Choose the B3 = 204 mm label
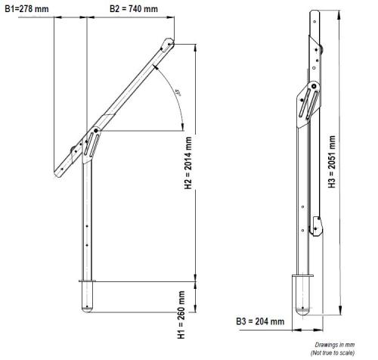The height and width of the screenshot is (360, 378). (260, 321)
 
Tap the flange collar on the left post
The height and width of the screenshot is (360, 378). (88, 281)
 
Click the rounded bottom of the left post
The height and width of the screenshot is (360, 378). (88, 309)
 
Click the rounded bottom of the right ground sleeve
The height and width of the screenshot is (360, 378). (302, 310)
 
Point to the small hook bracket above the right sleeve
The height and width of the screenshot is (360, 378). (318, 225)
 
